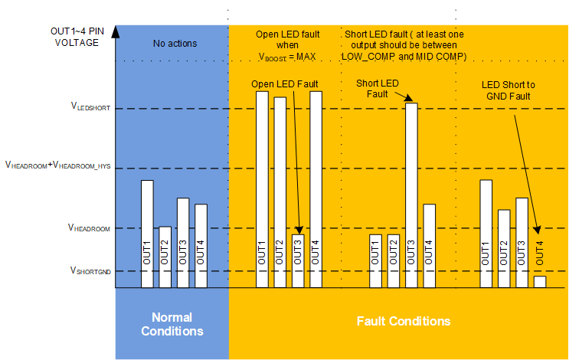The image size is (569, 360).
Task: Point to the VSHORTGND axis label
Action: (91, 270)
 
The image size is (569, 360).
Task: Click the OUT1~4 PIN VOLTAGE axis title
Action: (77, 38)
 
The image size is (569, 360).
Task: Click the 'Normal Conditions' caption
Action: (172, 324)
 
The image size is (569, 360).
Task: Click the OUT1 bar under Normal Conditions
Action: (147, 234)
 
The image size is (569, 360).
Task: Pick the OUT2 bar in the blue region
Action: (165, 257)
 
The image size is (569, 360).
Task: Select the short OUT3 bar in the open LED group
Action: (298, 261)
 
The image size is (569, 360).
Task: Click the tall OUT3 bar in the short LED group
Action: (411, 195)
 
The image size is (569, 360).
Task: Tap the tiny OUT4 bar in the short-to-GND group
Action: (540, 281)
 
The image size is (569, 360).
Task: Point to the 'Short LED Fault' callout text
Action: (378, 88)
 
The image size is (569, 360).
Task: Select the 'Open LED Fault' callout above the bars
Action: (284, 83)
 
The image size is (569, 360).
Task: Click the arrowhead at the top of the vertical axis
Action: (115, 31)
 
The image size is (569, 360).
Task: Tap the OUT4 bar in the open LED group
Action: (316, 189)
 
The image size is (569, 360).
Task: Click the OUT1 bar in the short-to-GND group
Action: (486, 234)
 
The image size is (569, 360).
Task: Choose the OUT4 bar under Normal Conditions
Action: (201, 246)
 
